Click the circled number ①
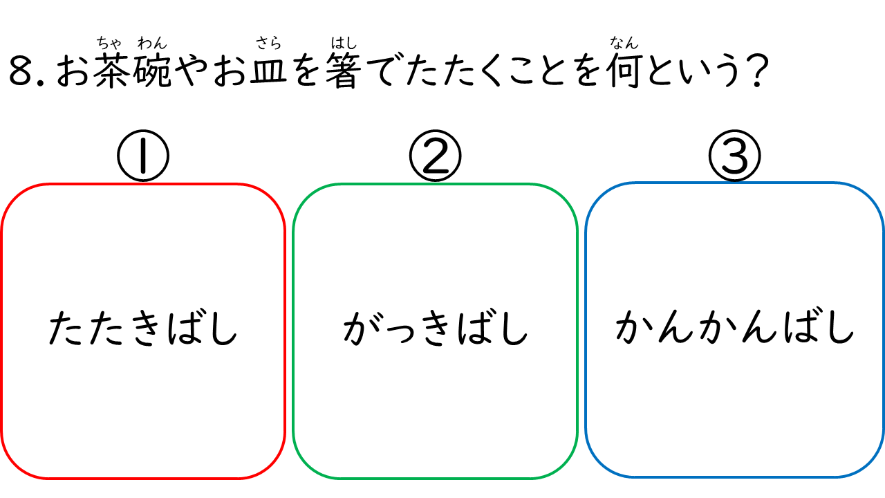(x=143, y=156)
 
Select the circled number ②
(x=435, y=156)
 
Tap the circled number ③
(x=734, y=156)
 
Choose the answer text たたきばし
(x=142, y=328)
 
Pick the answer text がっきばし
(x=435, y=328)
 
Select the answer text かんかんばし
(x=735, y=328)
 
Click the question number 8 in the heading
(x=20, y=71)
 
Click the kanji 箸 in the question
(x=344, y=71)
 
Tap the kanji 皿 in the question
(x=269, y=71)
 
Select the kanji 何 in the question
(x=624, y=71)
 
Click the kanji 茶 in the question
(x=112, y=71)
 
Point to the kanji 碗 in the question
(x=152, y=71)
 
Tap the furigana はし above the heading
(x=344, y=43)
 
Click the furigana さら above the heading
(x=269, y=43)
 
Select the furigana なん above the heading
(x=624, y=42)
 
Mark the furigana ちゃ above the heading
(x=109, y=43)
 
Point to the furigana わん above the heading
(x=152, y=43)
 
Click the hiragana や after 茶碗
(x=192, y=71)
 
